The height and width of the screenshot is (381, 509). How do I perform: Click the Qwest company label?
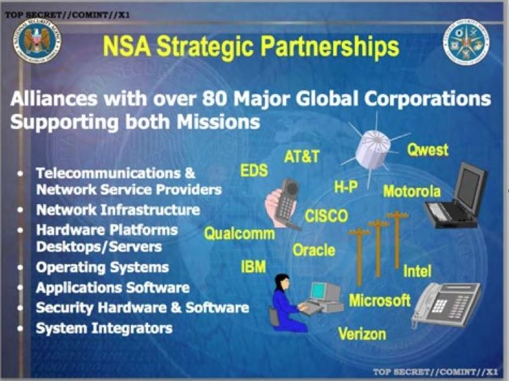click(x=427, y=150)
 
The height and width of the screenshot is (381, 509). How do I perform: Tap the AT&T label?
click(x=301, y=157)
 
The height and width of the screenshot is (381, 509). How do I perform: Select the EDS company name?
click(x=254, y=170)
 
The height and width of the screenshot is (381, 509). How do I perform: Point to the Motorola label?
click(x=412, y=191)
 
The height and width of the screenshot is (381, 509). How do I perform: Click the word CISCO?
click(x=326, y=216)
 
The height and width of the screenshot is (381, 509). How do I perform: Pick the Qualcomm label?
click(x=239, y=234)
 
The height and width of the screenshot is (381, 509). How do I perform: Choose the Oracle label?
click(x=314, y=250)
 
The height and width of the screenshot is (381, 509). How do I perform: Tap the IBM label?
click(x=253, y=267)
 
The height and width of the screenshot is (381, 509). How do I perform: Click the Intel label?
click(x=417, y=271)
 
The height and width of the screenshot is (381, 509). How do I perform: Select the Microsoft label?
click(x=379, y=300)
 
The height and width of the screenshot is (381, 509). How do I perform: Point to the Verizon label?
click(x=362, y=334)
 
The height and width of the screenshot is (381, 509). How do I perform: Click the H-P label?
click(x=346, y=186)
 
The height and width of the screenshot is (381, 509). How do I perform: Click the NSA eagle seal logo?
click(x=37, y=41)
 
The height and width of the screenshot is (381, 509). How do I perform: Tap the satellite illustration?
click(x=374, y=149)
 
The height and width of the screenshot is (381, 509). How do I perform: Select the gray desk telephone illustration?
click(x=445, y=305)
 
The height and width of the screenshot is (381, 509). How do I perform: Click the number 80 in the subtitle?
click(x=214, y=99)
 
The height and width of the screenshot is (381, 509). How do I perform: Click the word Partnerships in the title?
click(x=330, y=47)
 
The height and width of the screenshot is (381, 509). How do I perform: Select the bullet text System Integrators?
click(x=104, y=328)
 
